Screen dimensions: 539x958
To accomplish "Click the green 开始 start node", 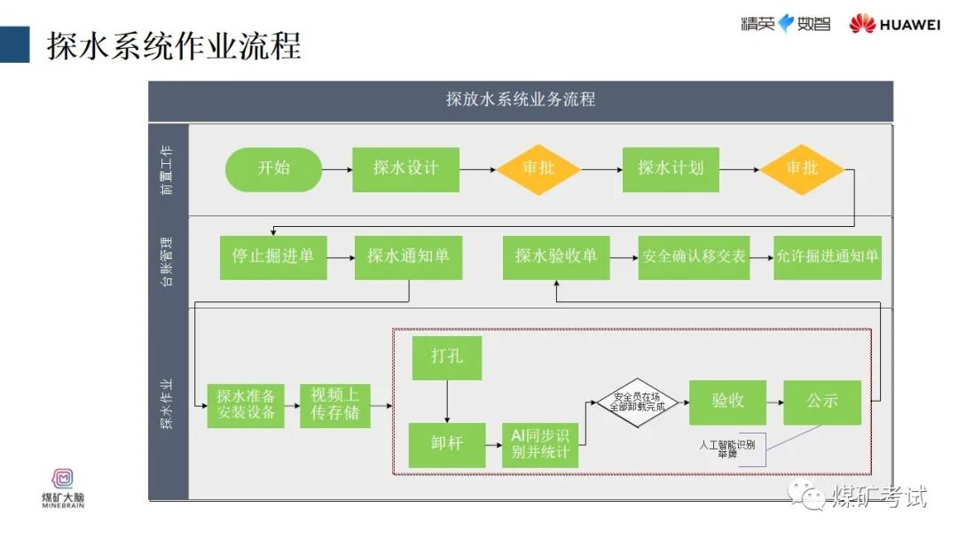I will coord(274,169).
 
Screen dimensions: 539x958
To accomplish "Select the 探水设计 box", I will coord(405,169).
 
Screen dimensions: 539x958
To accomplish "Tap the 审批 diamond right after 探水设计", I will coord(538,169).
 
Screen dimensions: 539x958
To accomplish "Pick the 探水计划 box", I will coord(671,169).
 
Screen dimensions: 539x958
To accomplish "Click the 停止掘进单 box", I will coord(273,257).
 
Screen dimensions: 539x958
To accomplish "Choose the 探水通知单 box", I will coord(408,257).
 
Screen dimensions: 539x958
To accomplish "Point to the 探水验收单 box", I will coord(556,257).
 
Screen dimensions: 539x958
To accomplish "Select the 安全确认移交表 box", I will coord(694,257).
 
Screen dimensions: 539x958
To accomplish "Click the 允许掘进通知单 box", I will coord(828,257).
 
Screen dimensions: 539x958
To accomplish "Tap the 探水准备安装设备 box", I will coord(246,405).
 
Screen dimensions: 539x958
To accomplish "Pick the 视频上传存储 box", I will coord(334,405).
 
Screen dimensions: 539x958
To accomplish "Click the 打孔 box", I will coord(447,357).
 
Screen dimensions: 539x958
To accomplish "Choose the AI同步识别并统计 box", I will coord(540,444).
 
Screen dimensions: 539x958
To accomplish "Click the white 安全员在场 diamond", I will coord(636,402).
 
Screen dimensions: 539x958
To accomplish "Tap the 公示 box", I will coord(821,402).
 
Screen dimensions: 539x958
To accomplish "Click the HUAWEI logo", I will coord(894,24).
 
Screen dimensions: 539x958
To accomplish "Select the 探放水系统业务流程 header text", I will coord(521,99).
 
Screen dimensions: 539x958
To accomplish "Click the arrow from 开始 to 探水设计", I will coord(336,169).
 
